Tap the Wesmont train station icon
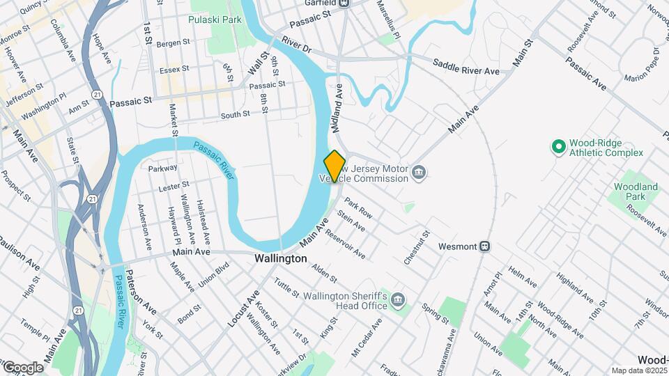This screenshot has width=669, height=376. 484,246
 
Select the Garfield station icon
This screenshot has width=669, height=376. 344,3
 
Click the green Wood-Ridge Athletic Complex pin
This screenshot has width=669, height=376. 557,147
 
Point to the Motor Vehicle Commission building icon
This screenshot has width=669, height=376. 418,172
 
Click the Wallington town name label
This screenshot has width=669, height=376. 280,258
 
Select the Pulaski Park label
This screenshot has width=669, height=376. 215,19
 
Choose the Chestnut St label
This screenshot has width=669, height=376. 417,248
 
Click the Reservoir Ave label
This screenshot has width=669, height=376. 345,244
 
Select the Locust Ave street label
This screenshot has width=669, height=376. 243,309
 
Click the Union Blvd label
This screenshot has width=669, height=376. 214,278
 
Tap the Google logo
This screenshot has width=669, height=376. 23,367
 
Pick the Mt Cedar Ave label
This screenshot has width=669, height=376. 367,335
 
